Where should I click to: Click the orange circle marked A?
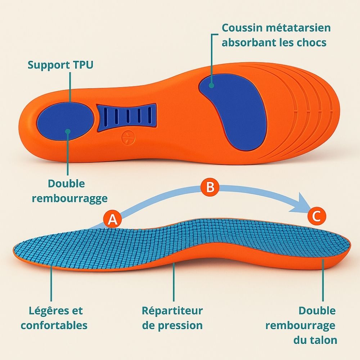(113, 219)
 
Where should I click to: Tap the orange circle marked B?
(210, 187)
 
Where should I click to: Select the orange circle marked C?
(316, 216)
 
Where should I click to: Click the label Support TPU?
(60, 65)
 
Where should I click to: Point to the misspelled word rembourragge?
(69, 198)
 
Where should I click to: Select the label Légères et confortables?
(54, 318)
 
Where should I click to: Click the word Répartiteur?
(172, 310)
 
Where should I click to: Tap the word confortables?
(54, 325)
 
